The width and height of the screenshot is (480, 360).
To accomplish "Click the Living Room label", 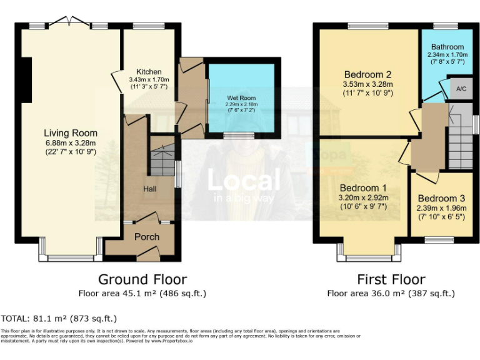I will tap(71, 132).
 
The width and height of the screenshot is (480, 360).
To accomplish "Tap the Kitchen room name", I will tap(145, 72).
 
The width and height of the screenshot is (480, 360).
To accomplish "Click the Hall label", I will tap(149, 188).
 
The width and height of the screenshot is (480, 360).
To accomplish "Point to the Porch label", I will tap(147, 237).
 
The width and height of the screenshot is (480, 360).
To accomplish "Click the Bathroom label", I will tap(447, 47).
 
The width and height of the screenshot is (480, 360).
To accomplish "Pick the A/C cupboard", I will tap(462, 89).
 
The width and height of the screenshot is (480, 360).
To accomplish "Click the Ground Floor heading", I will tap(142, 279).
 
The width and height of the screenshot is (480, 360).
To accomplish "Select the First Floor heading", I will tap(391, 279).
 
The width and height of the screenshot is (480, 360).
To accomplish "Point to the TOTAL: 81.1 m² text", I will tap(59, 318).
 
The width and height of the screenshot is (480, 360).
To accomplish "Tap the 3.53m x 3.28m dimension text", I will tap(367, 84).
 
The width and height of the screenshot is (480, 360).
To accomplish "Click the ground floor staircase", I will tap(161, 161).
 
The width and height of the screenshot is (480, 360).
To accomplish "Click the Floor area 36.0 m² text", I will tap(391, 293).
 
